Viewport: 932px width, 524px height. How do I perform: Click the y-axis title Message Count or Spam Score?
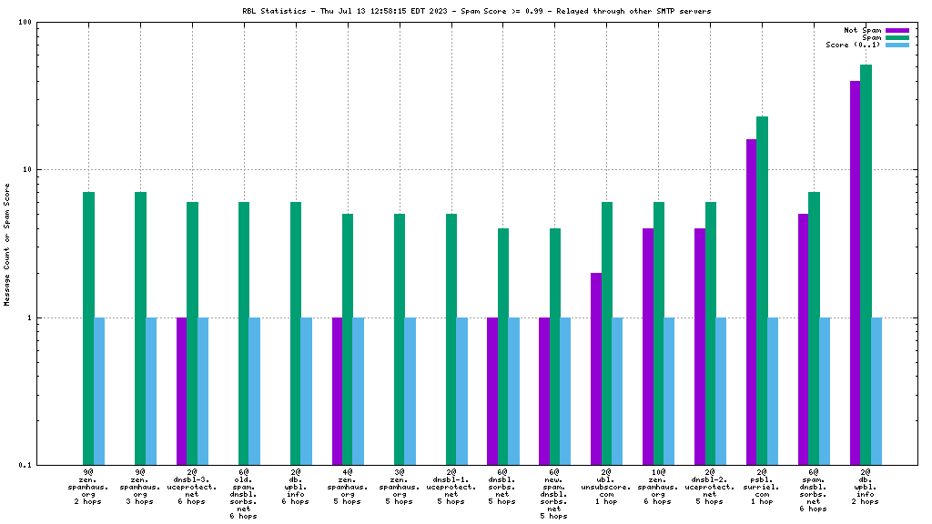click(x=7, y=244)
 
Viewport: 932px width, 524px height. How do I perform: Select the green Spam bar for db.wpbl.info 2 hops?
click(x=866, y=265)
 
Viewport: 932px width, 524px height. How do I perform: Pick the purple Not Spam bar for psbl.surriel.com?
click(x=752, y=302)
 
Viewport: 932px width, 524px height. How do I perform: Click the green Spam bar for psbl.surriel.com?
click(x=762, y=291)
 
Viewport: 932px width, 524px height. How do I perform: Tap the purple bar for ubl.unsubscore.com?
click(x=596, y=368)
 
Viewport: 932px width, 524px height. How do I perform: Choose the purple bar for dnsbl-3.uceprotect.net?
click(x=182, y=391)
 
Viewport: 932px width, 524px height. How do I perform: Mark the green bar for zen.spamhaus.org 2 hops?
click(x=88, y=328)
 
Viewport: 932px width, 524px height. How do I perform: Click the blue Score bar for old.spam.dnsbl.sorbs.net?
click(x=255, y=391)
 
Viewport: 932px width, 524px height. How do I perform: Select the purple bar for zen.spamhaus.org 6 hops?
click(x=648, y=347)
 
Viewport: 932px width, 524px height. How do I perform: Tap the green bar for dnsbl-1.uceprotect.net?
click(x=451, y=339)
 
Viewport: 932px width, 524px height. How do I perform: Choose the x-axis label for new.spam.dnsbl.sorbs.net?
click(x=554, y=494)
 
